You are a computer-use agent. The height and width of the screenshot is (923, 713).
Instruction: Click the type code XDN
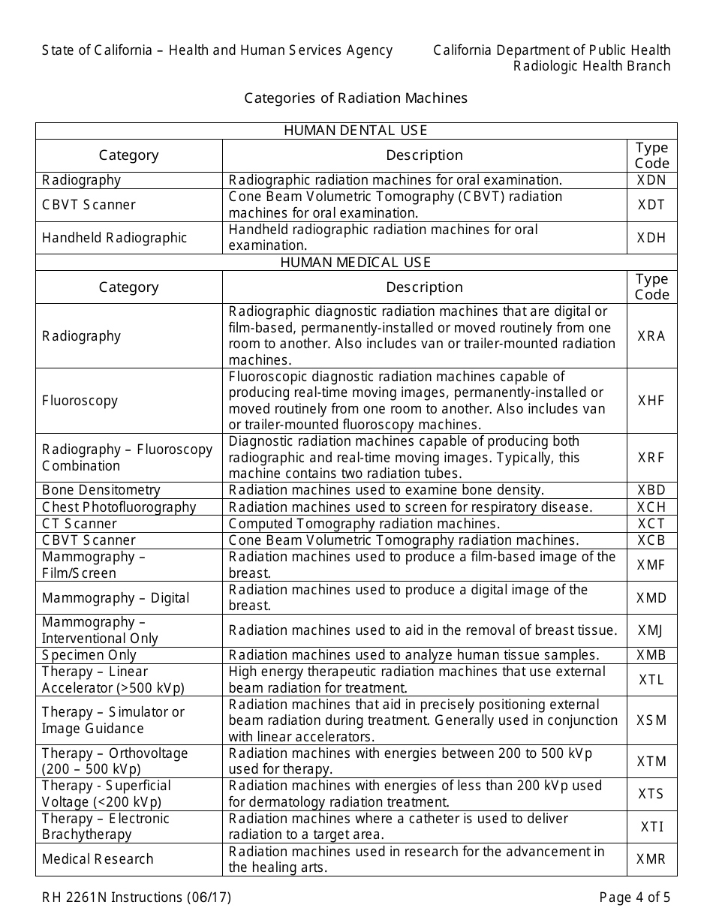[651, 180]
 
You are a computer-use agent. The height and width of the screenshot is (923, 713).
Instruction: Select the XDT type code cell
[651, 205]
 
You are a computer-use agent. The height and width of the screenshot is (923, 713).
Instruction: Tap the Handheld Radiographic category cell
[114, 238]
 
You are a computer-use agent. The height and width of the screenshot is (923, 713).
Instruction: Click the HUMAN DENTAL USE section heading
[356, 131]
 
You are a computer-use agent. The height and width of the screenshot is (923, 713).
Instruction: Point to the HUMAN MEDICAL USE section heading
[356, 263]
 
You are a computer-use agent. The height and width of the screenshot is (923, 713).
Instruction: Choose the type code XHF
[651, 401]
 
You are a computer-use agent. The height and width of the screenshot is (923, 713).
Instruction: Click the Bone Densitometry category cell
[101, 490]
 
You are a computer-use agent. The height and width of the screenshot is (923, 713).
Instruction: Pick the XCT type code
[651, 524]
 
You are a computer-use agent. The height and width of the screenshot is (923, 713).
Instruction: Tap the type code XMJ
[651, 630]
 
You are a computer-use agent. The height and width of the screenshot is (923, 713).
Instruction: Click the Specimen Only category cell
[89, 655]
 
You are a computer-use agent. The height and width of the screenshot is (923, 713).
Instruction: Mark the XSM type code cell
[651, 720]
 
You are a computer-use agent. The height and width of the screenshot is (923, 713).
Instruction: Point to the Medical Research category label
[98, 859]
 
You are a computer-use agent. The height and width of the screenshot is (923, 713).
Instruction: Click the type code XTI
[651, 827]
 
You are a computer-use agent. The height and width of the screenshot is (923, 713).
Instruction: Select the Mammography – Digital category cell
[116, 598]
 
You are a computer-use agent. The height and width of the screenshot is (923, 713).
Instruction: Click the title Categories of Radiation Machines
[356, 98]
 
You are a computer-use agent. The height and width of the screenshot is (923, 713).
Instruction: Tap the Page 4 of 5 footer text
[634, 897]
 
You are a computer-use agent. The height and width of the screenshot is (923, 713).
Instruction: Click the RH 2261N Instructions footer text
[137, 897]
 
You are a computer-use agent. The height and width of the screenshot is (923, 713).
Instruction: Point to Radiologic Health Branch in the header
[591, 66]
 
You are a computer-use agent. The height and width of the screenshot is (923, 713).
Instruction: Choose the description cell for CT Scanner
[364, 524]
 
